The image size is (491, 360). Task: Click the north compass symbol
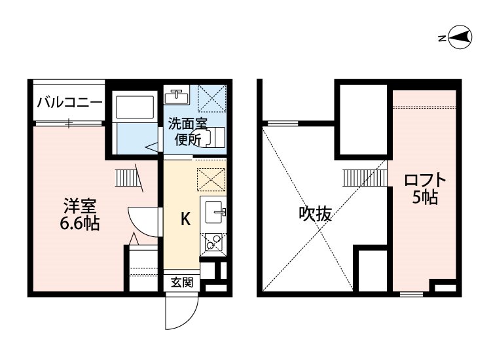[x=460, y=37]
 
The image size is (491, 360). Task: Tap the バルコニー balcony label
[x=70, y=102]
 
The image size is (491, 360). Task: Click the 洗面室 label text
[x=188, y=123]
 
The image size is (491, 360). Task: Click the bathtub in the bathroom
[x=135, y=107]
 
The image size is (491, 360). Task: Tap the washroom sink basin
[x=177, y=94]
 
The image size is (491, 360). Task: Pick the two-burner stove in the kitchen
[x=213, y=242]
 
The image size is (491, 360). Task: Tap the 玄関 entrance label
[x=182, y=283]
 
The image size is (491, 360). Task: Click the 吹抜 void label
[x=315, y=214]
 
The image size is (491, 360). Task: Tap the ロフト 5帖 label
[x=425, y=189]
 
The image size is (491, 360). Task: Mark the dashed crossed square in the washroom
[x=212, y=99]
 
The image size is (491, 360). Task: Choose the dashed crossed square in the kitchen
[x=211, y=180]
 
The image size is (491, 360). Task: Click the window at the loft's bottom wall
[x=412, y=294]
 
